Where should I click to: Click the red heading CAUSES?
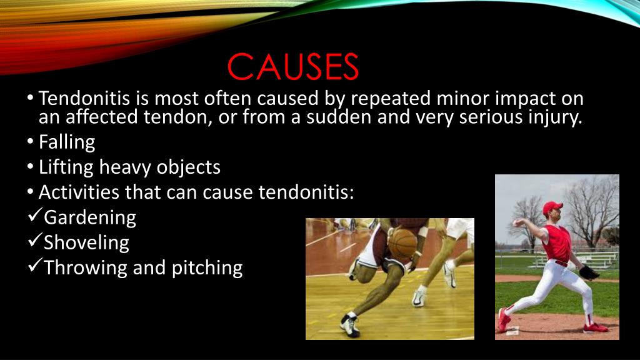click(x=292, y=67)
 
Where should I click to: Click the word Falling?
click(x=67, y=142)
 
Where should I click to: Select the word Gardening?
click(x=89, y=217)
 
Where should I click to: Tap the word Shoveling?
click(x=86, y=242)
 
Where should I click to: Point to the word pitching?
click(x=207, y=268)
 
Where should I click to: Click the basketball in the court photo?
click(x=402, y=243)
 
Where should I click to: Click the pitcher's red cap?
click(x=551, y=207)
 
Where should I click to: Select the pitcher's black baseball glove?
click(x=588, y=272)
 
